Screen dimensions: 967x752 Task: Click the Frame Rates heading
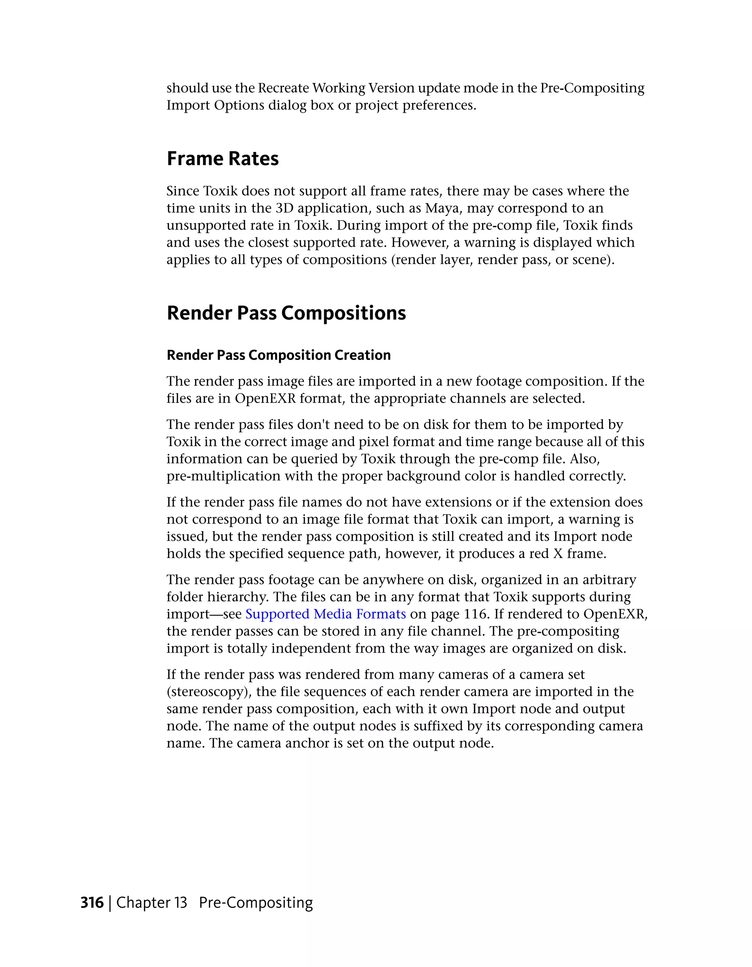coord(222,159)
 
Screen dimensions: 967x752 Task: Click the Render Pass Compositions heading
coord(286,313)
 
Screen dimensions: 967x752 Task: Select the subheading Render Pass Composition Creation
coord(278,355)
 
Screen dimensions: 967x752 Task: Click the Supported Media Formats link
coord(325,614)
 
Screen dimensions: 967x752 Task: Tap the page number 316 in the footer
coord(92,902)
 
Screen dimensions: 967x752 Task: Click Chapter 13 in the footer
coord(151,902)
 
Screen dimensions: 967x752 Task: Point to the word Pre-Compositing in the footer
coord(256,902)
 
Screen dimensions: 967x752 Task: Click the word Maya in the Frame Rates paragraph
coord(442,208)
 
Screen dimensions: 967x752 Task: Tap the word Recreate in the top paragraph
coord(283,88)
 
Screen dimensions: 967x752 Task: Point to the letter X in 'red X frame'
coord(558,553)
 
